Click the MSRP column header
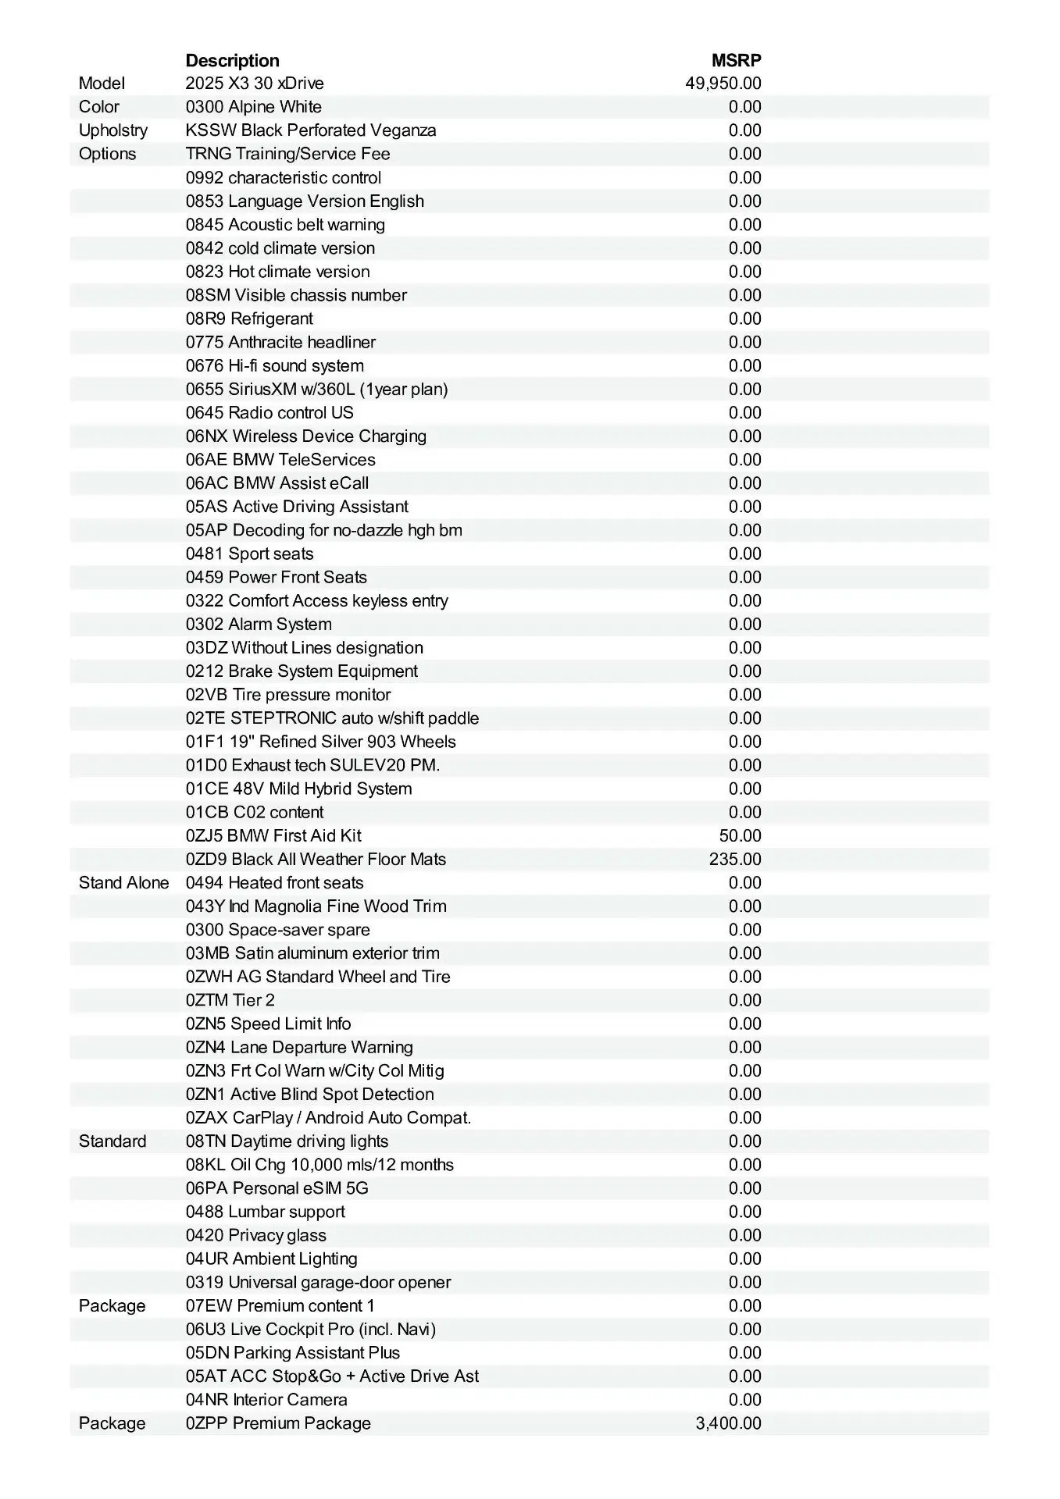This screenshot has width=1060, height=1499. point(736,60)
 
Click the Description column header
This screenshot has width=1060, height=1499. point(232,60)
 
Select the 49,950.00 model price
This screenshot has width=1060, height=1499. point(723,84)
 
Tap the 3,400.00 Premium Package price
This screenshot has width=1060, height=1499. point(728,1423)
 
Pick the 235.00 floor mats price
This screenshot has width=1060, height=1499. point(735,860)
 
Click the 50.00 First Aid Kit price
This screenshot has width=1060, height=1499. point(740,836)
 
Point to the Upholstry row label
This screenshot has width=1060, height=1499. point(112,130)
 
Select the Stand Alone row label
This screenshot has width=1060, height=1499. point(123,883)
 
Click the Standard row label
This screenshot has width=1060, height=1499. point(112,1141)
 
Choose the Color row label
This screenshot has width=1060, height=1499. point(99,107)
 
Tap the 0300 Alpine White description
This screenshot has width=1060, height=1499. point(253,107)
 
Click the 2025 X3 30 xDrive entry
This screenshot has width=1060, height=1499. point(255,84)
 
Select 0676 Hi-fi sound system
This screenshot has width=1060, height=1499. point(274,366)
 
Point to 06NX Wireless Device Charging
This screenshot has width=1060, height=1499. point(306,436)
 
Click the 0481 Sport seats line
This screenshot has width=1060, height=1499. point(249,554)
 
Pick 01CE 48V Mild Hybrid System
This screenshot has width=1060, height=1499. point(298,789)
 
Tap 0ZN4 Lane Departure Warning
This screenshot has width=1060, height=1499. point(299,1048)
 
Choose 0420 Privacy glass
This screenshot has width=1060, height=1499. point(256,1236)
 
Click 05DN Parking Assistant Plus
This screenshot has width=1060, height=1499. point(293,1353)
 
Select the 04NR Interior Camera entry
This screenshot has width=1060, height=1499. point(266,1400)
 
